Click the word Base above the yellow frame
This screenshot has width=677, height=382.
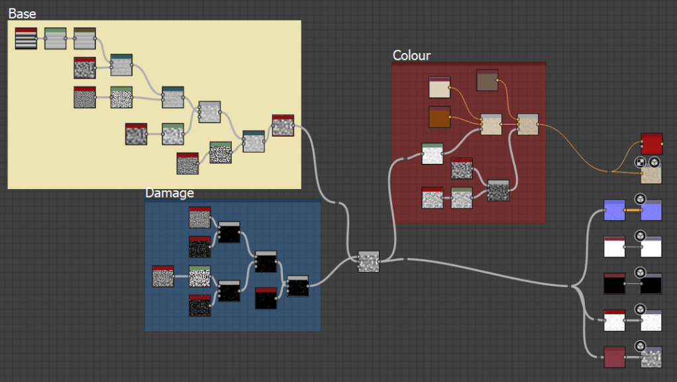[23, 13]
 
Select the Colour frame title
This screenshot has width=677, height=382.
[411, 55]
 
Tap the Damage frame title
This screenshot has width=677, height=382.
[170, 193]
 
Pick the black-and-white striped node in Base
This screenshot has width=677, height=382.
[26, 38]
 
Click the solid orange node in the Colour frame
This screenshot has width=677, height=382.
[439, 117]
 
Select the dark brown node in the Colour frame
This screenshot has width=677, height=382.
[487, 80]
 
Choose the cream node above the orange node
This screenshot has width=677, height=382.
[439, 88]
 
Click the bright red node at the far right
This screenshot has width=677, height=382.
[651, 143]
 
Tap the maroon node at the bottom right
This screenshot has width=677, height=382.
[614, 357]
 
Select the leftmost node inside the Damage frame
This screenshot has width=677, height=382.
[163, 276]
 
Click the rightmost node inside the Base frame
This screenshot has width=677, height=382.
[283, 125]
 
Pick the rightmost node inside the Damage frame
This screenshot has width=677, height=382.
[297, 286]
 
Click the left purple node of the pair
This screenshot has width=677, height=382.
[614, 210]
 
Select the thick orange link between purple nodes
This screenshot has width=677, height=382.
[633, 210]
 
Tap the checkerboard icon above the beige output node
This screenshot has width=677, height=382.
[640, 162]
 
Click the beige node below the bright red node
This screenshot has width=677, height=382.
[651, 174]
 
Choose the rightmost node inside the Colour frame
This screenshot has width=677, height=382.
[527, 124]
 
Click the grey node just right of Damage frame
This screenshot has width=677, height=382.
[368, 261]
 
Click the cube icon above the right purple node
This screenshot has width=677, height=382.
[640, 198]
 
